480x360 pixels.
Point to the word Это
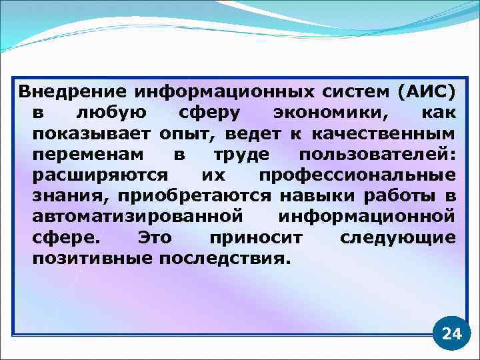click(154, 238)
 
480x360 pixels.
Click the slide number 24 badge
click(451, 333)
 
